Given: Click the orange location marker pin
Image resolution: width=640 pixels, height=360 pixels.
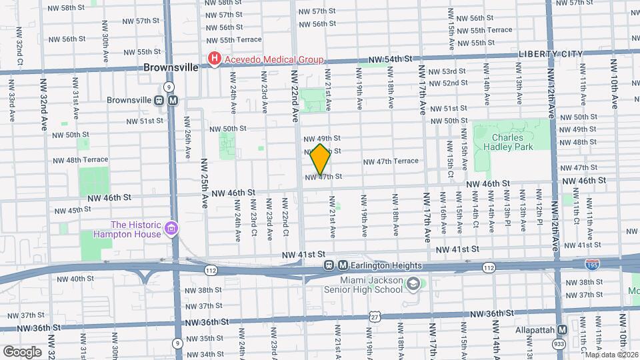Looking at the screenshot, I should [321, 159].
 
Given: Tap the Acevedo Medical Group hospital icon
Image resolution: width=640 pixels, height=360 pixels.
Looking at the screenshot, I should [214, 59].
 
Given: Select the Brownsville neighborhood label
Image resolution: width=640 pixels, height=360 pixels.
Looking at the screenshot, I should [171, 67].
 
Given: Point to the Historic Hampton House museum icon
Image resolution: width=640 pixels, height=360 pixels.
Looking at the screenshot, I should [171, 229].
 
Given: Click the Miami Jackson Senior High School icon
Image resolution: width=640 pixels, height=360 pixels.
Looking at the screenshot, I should [413, 284].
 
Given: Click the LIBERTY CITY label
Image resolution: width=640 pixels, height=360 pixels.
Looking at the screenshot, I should [550, 54].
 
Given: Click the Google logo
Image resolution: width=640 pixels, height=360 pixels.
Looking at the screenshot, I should [22, 351].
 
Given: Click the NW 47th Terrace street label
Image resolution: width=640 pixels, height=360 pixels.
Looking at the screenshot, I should [400, 161].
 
